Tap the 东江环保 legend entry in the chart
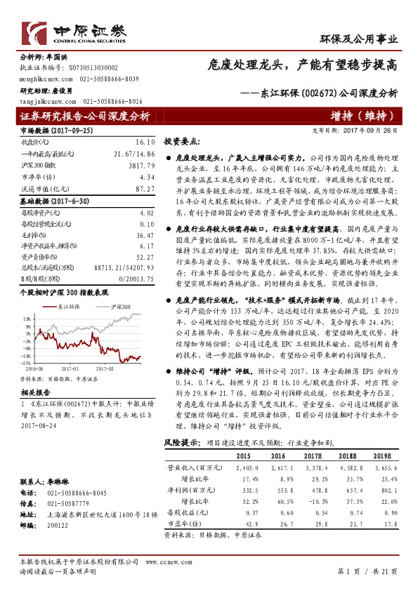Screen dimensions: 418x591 tap(63, 307)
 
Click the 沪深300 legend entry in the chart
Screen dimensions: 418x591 tap(121, 307)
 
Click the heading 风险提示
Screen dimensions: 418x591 tap(181, 442)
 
